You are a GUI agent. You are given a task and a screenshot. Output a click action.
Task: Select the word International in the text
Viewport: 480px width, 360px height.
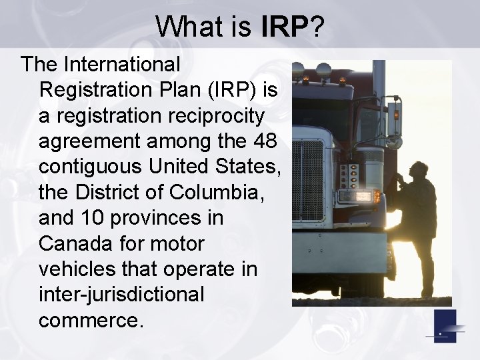[x=122, y=65]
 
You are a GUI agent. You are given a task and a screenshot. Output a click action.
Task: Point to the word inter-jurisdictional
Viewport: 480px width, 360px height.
[x=121, y=294]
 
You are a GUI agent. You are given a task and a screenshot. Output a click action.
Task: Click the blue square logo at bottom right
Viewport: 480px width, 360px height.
[x=445, y=326]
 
